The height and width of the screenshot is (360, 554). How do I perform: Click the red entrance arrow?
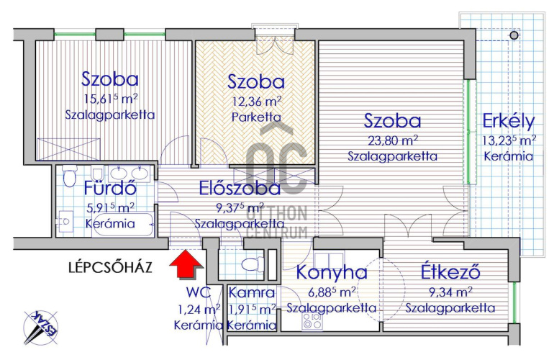(186, 264)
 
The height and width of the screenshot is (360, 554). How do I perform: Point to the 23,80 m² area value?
(392, 140)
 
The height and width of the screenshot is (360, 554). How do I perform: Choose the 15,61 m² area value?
(110, 99)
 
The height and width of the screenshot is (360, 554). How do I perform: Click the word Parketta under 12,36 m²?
(255, 116)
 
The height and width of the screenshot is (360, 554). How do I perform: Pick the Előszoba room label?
(238, 189)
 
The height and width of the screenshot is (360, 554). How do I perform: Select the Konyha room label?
(332, 273)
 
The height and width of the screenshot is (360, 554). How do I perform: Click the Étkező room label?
(450, 273)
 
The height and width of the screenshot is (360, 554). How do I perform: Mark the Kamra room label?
(251, 293)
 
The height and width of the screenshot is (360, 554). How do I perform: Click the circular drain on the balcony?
(514, 35)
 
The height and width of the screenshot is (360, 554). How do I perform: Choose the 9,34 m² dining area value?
(450, 292)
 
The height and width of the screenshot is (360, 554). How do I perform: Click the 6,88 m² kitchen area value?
(332, 292)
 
